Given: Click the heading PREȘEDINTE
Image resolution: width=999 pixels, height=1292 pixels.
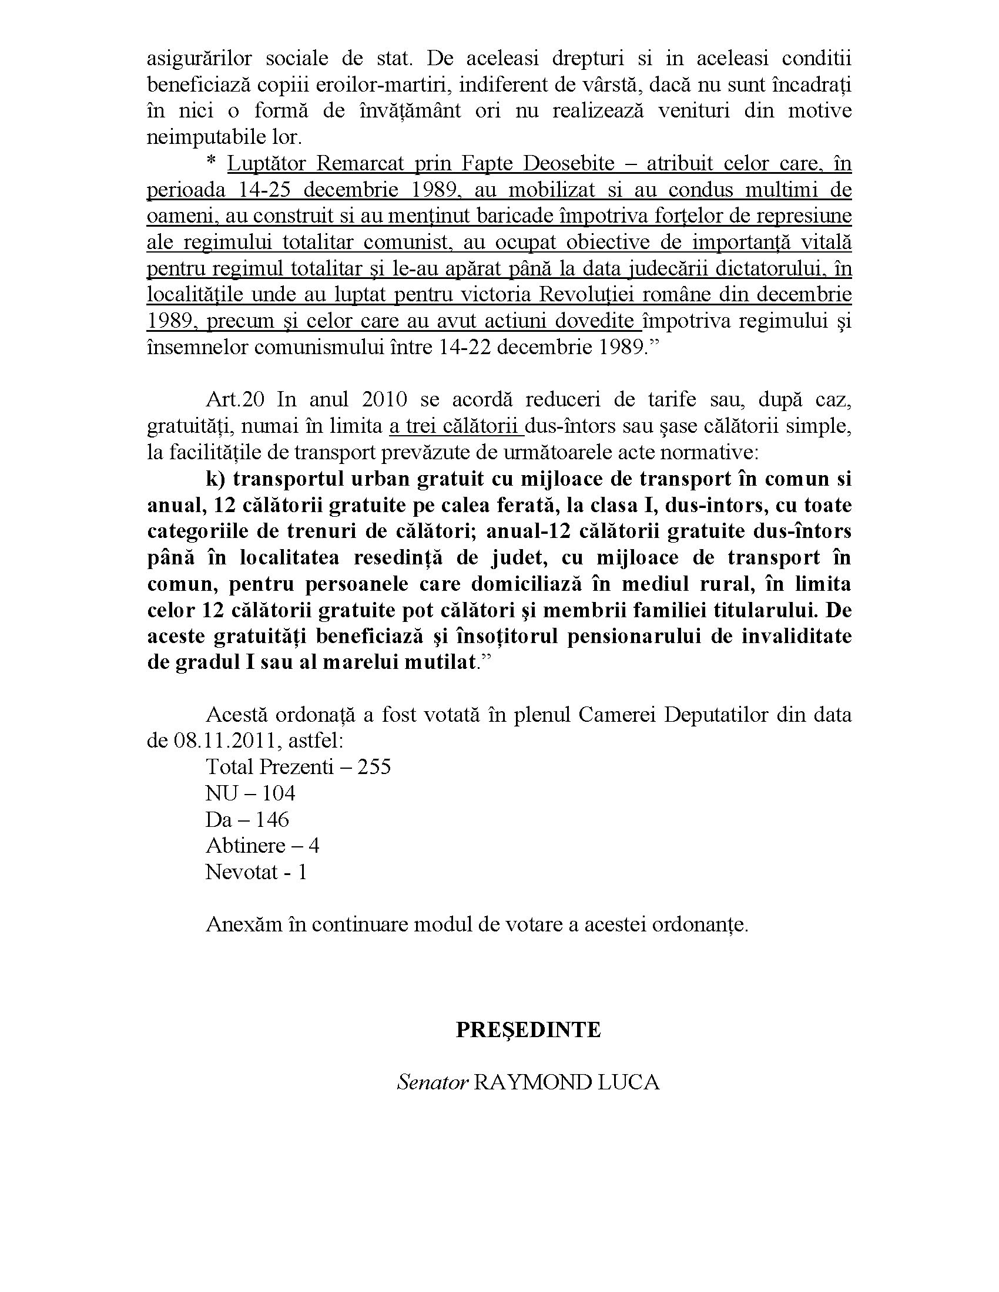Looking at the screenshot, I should click(x=528, y=1030).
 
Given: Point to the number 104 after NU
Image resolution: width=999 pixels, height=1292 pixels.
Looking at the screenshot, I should click(x=278, y=793).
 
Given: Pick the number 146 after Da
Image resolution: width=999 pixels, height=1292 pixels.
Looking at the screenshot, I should click(x=272, y=820).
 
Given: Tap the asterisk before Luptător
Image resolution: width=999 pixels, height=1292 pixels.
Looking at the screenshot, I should click(x=212, y=163).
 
